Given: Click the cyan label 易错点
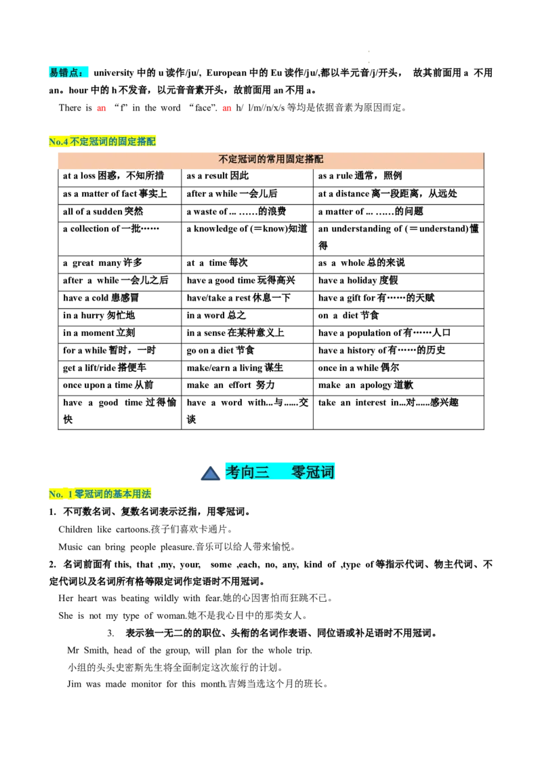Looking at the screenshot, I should click(x=70, y=73).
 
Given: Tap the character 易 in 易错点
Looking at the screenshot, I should click(x=54, y=73).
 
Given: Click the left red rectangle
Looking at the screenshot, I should click(x=100, y=109).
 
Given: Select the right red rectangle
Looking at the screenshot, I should click(x=228, y=109).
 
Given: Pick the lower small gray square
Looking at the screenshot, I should click(x=366, y=62).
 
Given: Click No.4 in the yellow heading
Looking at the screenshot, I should click(x=58, y=142).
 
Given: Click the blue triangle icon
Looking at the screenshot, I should click(x=210, y=473).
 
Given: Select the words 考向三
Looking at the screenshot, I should click(x=247, y=472).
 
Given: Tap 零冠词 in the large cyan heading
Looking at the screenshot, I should click(x=312, y=472).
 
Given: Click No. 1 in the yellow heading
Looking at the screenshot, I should click(x=61, y=495).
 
